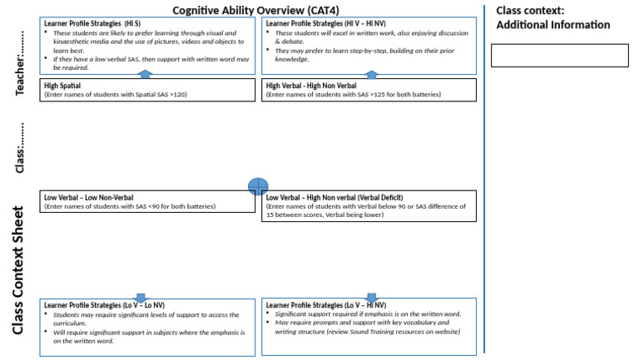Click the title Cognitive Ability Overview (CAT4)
[260, 10]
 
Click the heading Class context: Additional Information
[552, 17]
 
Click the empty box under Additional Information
[559, 55]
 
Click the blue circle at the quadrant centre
[258, 187]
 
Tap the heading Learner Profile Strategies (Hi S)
[92, 23]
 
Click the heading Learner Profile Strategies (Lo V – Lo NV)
[104, 305]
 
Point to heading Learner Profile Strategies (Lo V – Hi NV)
[326, 305]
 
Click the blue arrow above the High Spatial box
[144, 75]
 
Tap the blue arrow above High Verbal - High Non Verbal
[371, 75]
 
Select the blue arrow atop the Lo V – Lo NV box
[140, 297]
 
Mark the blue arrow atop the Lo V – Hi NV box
[371, 297]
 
